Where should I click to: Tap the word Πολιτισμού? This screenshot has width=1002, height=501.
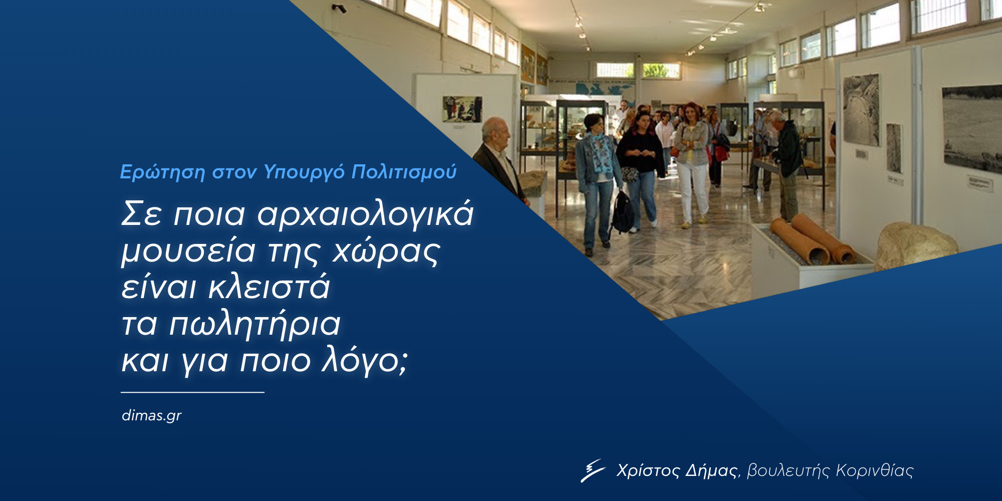click(404, 172)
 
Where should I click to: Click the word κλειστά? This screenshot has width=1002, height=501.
click(269, 286)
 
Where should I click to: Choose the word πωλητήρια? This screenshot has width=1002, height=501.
click(255, 325)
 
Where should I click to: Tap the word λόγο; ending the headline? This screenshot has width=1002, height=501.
click(365, 360)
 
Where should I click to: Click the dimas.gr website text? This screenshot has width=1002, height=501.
click(151, 416)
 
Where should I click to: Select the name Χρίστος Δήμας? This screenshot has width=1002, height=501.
click(677, 471)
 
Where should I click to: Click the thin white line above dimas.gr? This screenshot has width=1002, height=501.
click(193, 392)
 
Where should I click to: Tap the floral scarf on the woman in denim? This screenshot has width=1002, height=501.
click(600, 153)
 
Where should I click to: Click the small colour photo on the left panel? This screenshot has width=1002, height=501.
click(462, 109)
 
